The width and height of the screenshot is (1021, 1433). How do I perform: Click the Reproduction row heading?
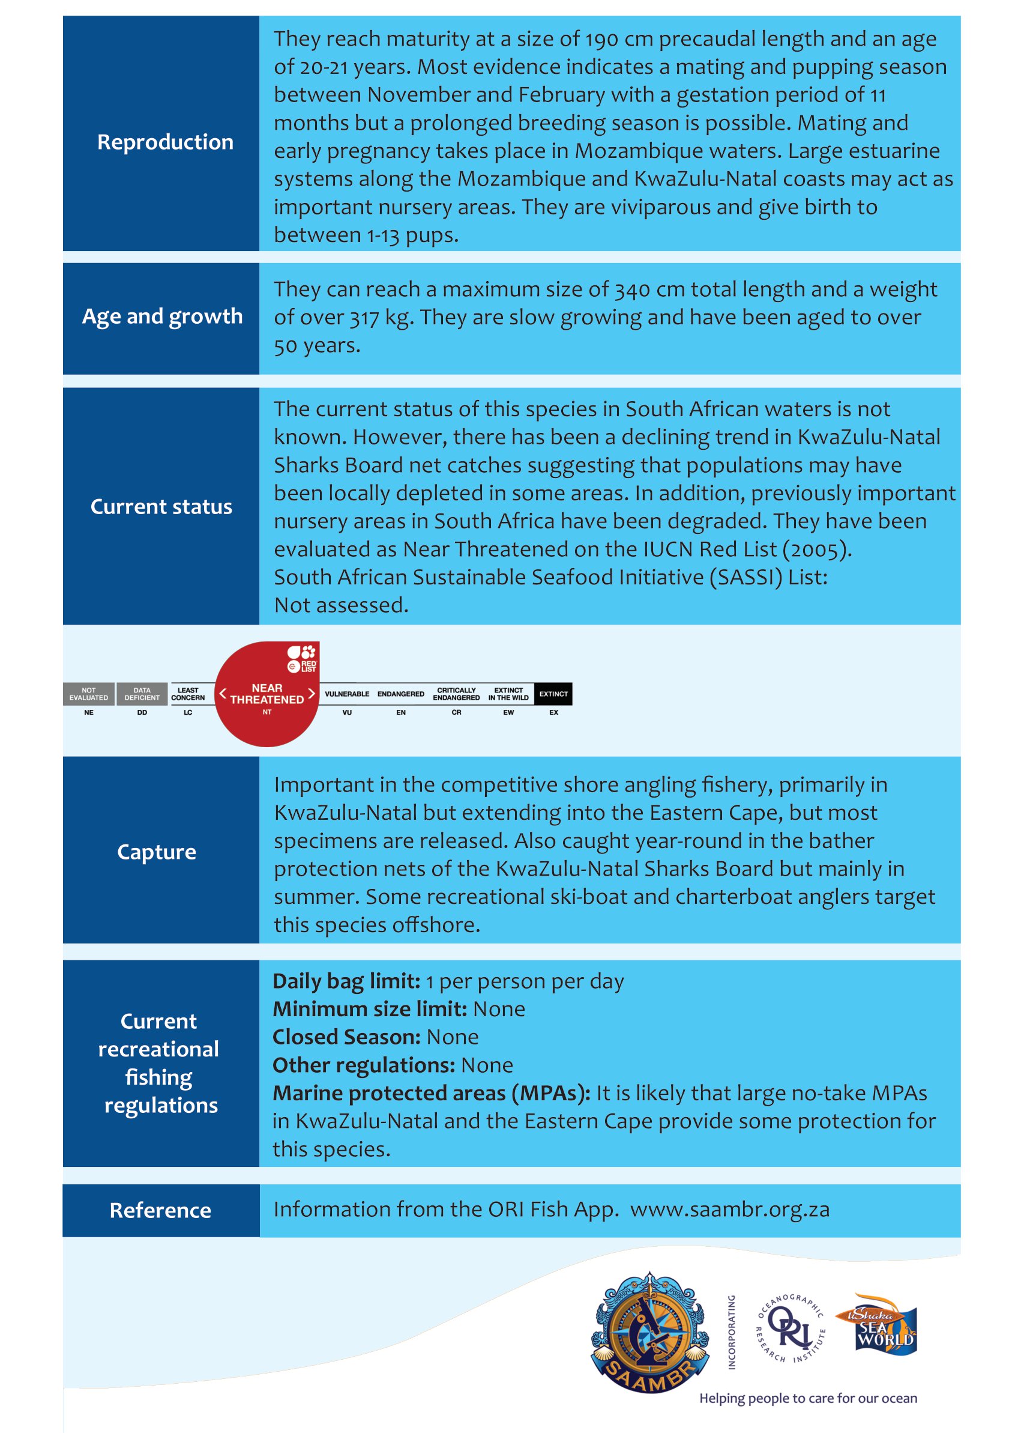[164, 142]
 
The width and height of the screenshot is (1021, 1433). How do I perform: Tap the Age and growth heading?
[162, 317]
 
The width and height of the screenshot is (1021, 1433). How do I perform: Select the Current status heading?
[161, 507]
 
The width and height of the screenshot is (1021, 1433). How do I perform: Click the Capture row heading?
[157, 852]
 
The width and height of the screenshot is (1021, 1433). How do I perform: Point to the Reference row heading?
[160, 1210]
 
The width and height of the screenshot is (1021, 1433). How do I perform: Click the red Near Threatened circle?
[267, 694]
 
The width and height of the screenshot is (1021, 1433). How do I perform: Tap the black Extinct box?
[553, 694]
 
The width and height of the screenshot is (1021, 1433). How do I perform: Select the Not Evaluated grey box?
[89, 694]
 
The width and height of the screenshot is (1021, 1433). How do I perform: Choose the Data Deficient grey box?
[142, 694]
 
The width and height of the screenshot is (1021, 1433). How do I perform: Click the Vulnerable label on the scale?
[347, 694]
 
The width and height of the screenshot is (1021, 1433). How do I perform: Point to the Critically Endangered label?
[456, 694]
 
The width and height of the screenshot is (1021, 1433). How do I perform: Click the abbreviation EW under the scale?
[508, 713]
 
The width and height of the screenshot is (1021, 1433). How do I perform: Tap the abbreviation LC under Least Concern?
[188, 713]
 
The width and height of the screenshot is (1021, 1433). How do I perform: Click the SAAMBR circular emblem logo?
[650, 1332]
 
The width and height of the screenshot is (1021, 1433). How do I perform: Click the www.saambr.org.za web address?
[730, 1210]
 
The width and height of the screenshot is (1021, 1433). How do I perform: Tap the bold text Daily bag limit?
[346, 981]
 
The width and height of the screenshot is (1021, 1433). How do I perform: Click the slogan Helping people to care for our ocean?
[808, 1398]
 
